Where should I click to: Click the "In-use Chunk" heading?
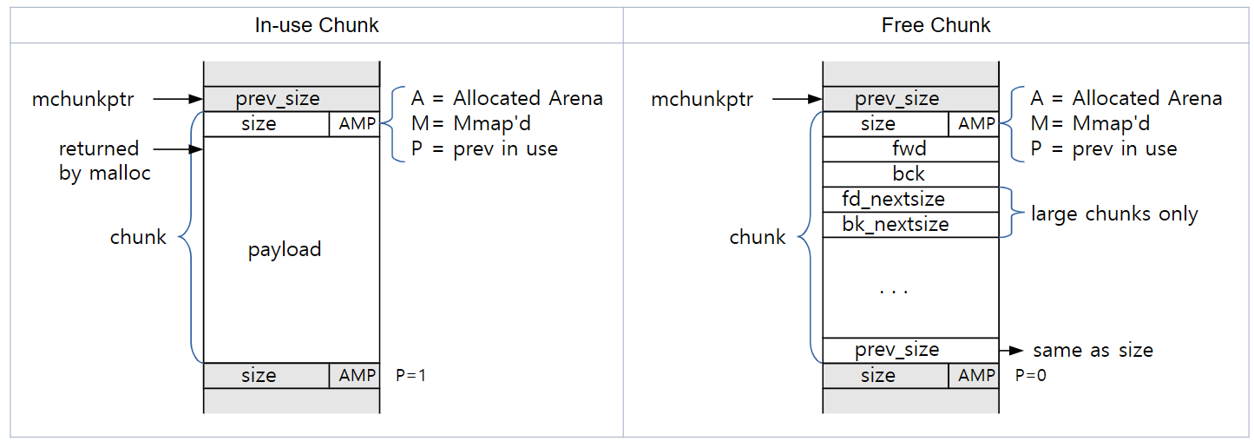pos(316,25)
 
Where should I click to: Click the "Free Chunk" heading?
pos(936,25)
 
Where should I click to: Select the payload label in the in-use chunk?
pos(285,250)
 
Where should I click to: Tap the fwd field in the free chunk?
pos(909,149)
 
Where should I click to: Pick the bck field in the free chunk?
pos(909,174)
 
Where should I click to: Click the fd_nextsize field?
pos(893,200)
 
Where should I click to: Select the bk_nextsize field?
pos(895,225)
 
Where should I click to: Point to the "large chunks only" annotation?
pos(1114,214)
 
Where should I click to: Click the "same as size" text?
pos(1093,351)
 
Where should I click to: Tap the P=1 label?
pos(410,376)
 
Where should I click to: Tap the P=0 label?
pos(1030,376)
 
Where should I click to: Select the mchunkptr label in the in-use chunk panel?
pos(83,100)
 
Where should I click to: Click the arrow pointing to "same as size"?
pos(1011,351)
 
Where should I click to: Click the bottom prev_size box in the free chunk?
pos(896,351)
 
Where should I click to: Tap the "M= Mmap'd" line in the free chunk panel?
pos(1090,123)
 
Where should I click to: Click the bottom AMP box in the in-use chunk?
pos(357,376)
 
